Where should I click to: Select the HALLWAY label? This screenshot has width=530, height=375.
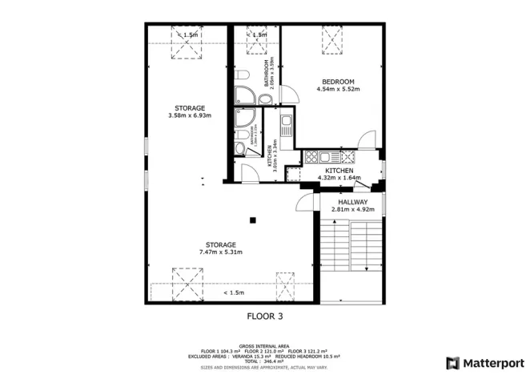(x=353, y=202)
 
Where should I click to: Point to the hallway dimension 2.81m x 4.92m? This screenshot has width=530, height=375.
(x=353, y=210)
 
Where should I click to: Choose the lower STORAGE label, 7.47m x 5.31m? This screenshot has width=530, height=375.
(x=220, y=244)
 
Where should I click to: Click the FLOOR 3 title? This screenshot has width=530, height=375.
(x=263, y=317)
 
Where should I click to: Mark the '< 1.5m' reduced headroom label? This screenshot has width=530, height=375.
(x=235, y=292)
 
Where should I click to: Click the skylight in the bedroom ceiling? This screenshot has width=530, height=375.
(x=331, y=37)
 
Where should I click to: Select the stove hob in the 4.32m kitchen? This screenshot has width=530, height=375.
(x=311, y=157)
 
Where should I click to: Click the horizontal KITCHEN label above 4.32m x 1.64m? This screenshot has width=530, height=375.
(x=339, y=171)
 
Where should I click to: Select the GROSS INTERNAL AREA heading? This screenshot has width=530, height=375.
(x=264, y=345)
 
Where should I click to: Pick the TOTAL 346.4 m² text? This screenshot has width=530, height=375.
(x=264, y=360)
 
